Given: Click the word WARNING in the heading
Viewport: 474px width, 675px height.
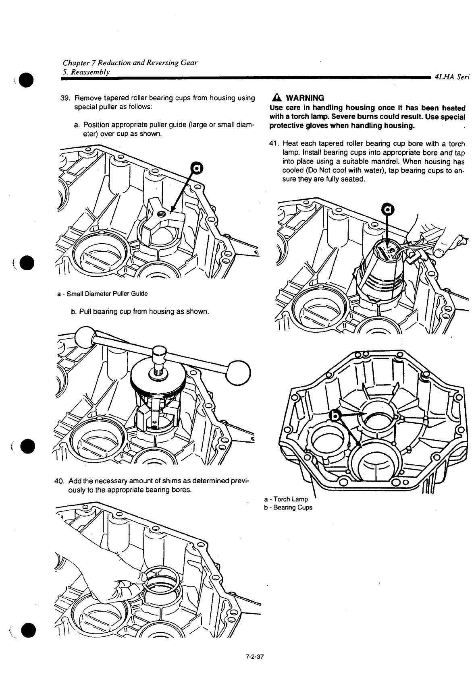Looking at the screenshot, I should pos(304,98).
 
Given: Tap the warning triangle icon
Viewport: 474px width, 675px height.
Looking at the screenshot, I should pos(277,98).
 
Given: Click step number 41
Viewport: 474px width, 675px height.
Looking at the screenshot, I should pos(274,144).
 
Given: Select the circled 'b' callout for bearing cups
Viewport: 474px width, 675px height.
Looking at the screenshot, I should pos(335,415).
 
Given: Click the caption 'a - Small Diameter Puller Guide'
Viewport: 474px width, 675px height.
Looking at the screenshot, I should pos(102,294).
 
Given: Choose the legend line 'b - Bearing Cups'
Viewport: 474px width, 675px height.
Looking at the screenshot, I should pos(288,507).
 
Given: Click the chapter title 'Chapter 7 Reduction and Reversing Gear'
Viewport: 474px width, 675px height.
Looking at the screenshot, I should pos(130,63).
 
